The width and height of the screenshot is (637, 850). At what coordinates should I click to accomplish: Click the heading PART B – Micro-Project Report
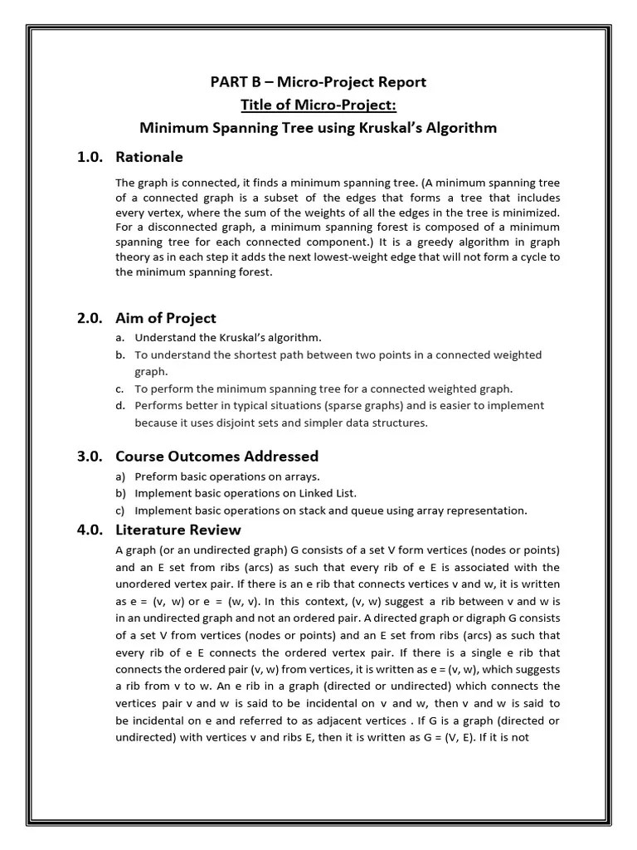318,81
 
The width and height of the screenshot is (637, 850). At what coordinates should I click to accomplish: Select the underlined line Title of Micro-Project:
318,105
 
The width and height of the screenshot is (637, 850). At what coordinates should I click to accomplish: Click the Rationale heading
149,157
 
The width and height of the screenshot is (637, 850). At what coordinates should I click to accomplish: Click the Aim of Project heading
166,318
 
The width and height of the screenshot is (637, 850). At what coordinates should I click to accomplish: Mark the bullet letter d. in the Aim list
120,406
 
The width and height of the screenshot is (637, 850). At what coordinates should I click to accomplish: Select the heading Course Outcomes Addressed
216,457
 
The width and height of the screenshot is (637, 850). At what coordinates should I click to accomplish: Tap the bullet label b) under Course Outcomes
121,493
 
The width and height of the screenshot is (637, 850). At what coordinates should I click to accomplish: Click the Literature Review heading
178,530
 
